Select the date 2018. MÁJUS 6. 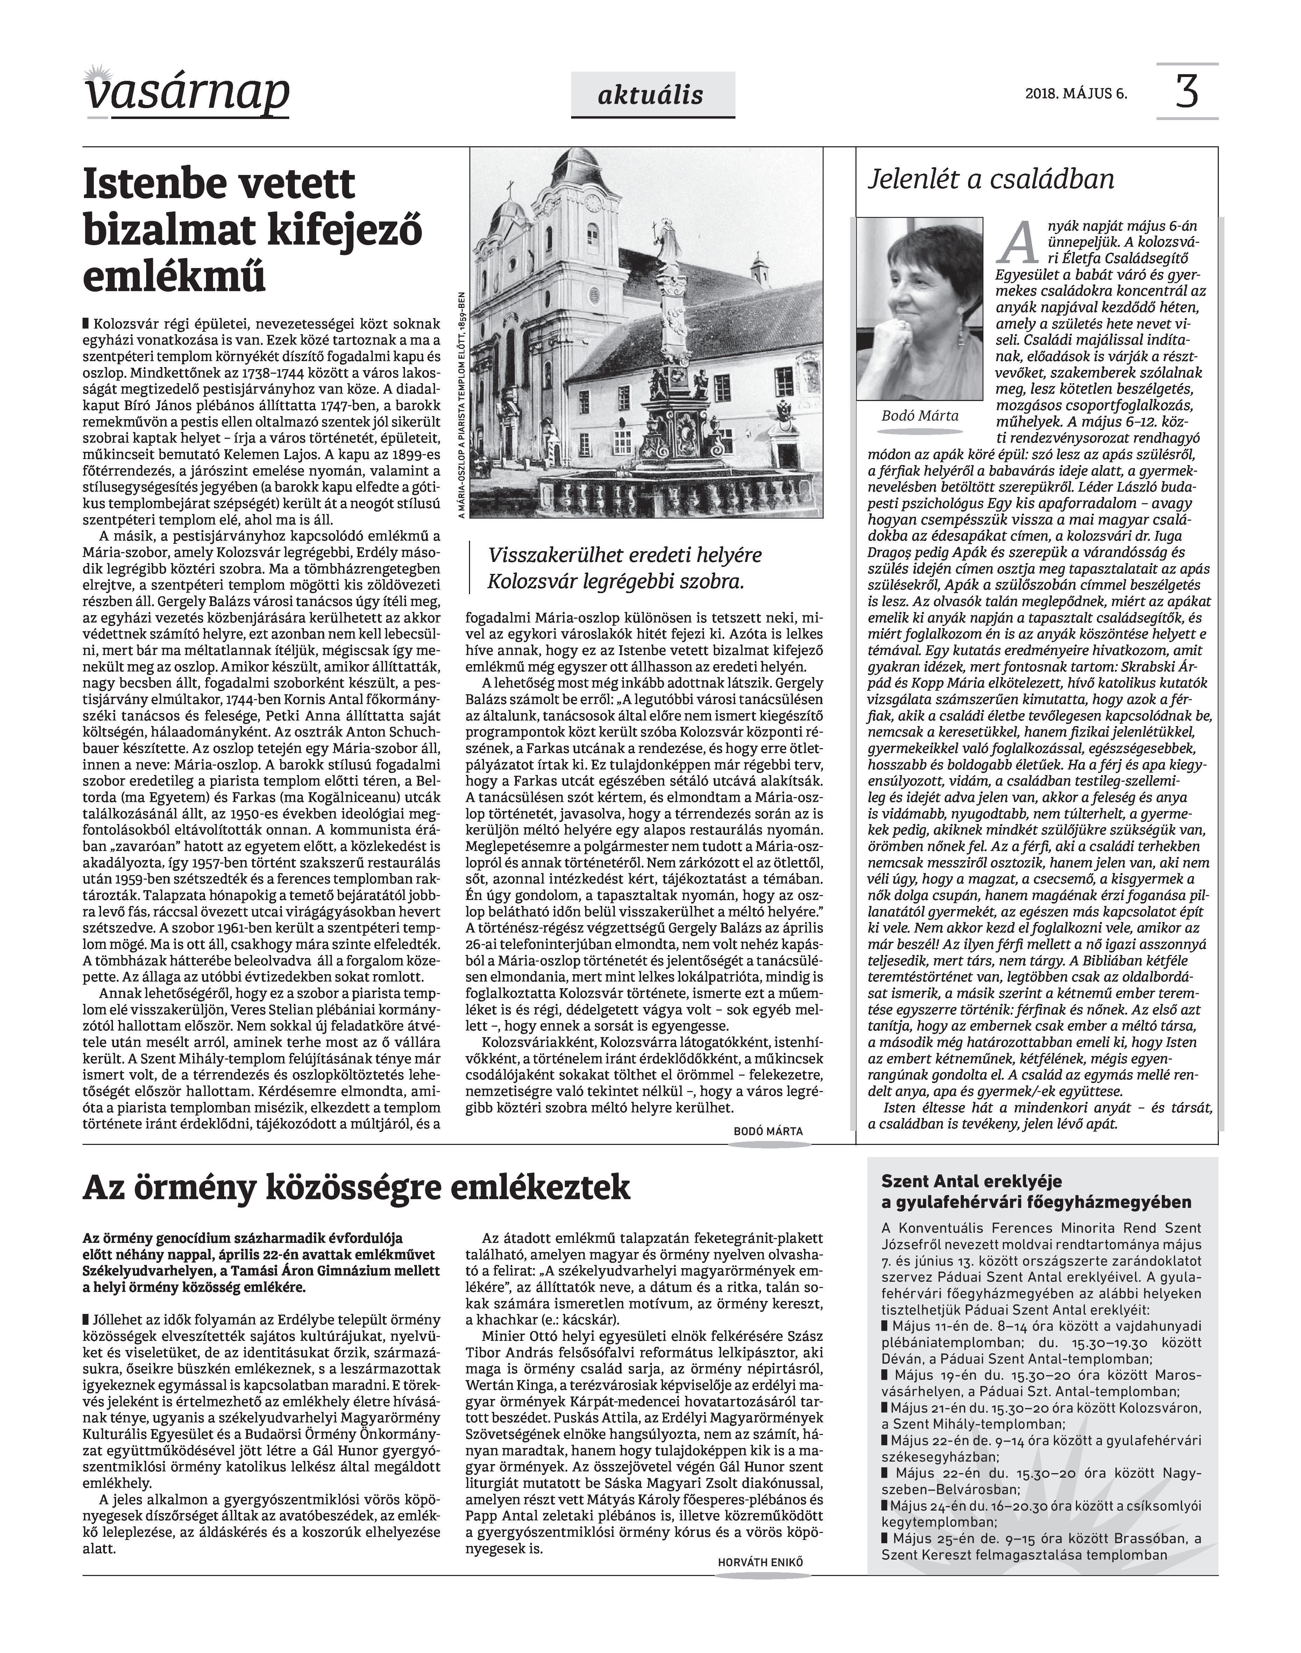click(1075, 95)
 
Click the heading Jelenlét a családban click(991, 180)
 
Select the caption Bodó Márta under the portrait click(919, 416)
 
